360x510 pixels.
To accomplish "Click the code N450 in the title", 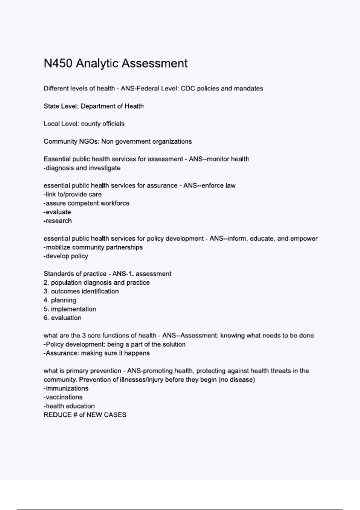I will tap(58, 64).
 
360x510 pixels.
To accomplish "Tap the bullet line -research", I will tap(58, 221).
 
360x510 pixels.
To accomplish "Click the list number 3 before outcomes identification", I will tap(46, 292).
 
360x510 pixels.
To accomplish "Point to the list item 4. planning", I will tap(60, 300).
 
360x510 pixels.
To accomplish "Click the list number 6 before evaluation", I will tap(46, 318).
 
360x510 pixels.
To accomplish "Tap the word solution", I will tap(174, 344).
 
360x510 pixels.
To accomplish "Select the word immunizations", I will tap(67, 388).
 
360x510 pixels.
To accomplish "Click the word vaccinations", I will tap(64, 397).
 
